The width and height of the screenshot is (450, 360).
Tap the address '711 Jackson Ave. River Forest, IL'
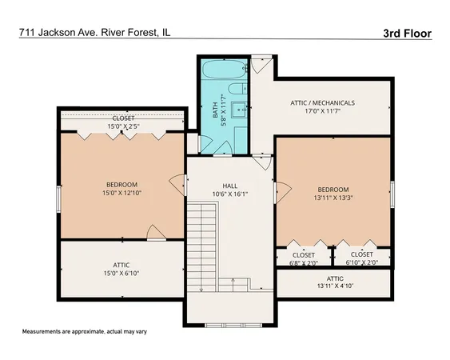pyautogui.click(x=94, y=33)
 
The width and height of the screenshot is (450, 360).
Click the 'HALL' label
pyautogui.click(x=229, y=185)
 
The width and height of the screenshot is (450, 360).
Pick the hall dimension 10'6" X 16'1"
pyautogui.click(x=229, y=194)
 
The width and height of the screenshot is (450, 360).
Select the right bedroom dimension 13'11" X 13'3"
pyautogui.click(x=333, y=198)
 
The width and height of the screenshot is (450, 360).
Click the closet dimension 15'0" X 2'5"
pyautogui.click(x=122, y=126)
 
